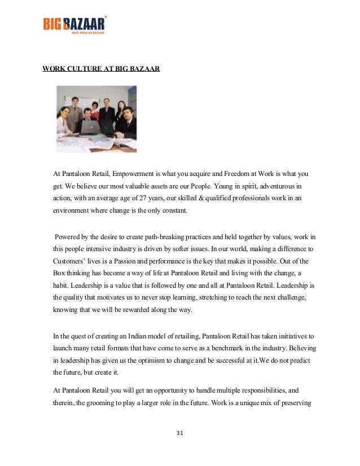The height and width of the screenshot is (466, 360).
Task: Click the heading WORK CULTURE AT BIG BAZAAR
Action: click(101, 69)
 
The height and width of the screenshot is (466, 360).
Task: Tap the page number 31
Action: click(180, 433)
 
